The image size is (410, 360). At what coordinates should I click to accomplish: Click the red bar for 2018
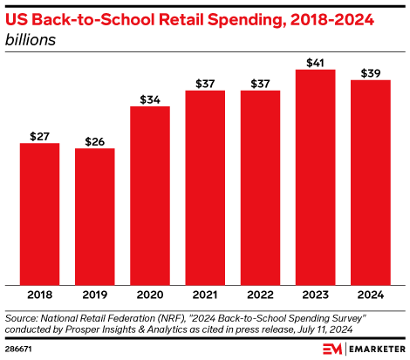(39, 214)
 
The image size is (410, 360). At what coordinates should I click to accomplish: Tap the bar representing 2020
(149, 195)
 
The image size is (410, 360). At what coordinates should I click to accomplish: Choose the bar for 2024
(370, 182)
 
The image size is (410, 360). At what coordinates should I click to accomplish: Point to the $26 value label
(94, 140)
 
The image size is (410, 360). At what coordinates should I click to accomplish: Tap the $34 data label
(149, 98)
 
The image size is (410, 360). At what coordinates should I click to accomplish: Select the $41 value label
(315, 62)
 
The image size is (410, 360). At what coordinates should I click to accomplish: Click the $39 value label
(370, 72)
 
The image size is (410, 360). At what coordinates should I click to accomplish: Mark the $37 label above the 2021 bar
(204, 83)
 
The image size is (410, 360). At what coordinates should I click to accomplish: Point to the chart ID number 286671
(19, 348)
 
